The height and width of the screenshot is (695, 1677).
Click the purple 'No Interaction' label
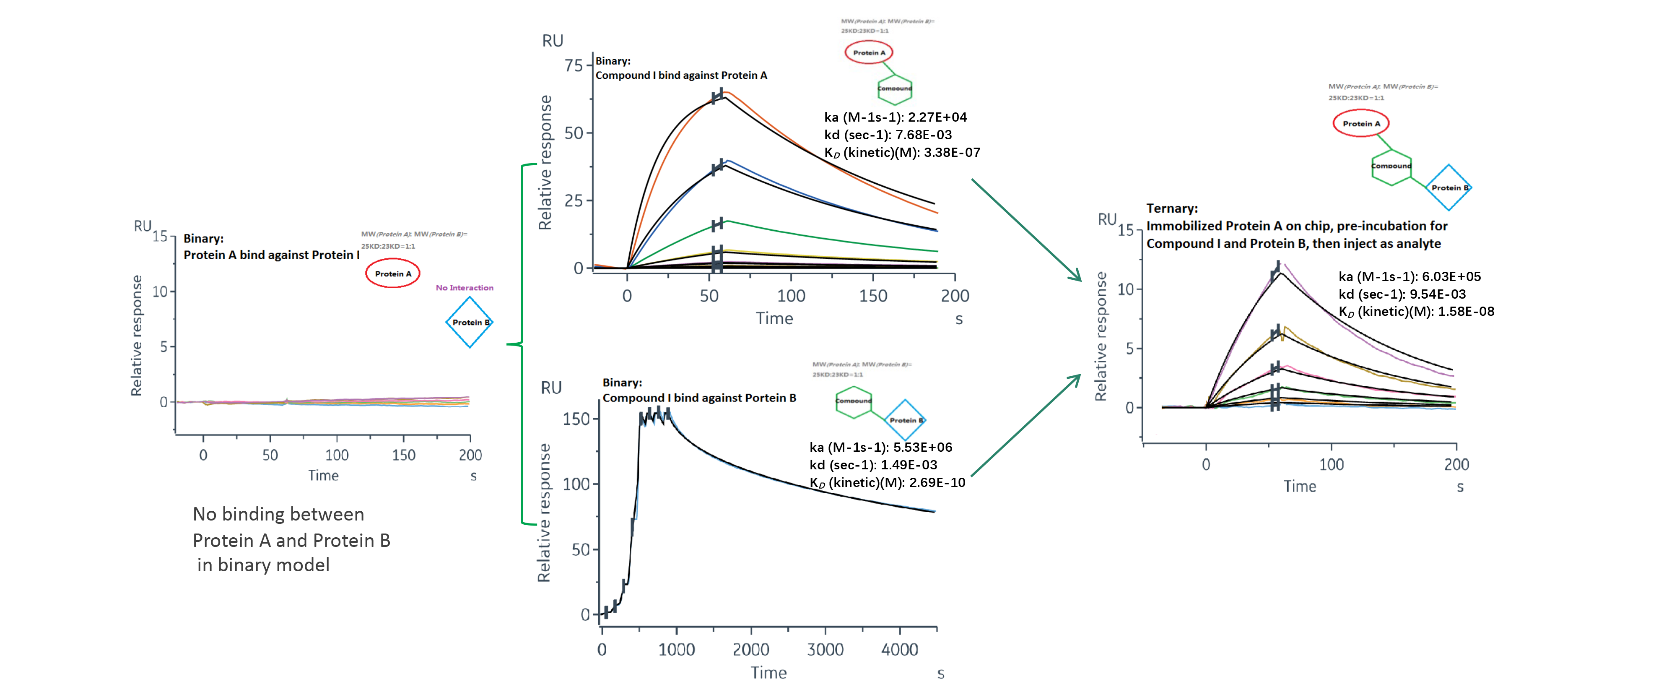[464, 287]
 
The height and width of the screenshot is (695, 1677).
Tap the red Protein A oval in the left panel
[392, 273]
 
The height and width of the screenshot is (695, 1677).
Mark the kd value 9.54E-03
[1438, 294]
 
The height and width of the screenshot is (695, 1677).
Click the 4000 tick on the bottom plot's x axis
[900, 649]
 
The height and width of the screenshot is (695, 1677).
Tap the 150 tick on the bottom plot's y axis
[576, 419]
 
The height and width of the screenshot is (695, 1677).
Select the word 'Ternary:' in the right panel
[1172, 208]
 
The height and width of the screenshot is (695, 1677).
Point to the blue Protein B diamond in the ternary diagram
[1449, 187]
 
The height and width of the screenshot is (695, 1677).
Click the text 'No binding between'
[278, 515]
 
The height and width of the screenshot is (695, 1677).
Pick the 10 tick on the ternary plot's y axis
[1126, 289]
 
